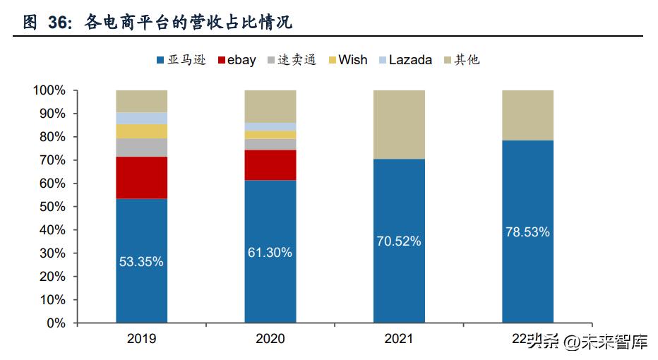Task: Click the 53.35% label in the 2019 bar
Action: click(141, 261)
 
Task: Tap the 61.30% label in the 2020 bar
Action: click(270, 252)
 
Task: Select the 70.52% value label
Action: click(398, 241)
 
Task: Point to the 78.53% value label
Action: click(527, 232)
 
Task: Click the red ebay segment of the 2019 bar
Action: click(141, 177)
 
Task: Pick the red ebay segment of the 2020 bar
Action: click(270, 164)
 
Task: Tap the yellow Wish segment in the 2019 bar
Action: click(141, 131)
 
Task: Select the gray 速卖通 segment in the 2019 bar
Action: click(141, 147)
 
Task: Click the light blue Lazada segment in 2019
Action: click(141, 118)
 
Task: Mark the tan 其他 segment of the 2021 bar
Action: click(398, 124)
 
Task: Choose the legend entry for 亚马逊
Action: click(180, 60)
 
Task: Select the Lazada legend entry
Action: click(405, 60)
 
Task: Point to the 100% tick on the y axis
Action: click(49, 90)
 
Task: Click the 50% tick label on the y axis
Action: click(52, 207)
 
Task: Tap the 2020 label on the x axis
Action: click(270, 339)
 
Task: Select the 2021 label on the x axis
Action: click(398, 339)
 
